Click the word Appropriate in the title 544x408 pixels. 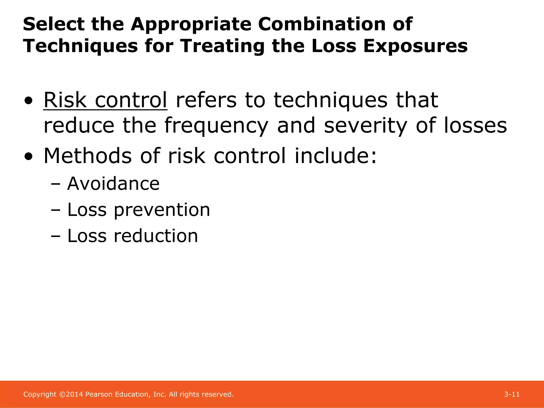click(191, 24)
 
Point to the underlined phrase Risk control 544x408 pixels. click(105, 100)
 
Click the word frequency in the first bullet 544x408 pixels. click(216, 126)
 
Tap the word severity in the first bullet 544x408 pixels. click(365, 126)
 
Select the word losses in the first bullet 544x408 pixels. click(475, 125)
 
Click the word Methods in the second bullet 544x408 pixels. click(88, 156)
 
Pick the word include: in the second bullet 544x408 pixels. click(335, 156)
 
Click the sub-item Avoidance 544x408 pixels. click(113, 184)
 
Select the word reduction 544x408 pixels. click(156, 236)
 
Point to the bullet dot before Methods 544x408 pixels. click(28, 157)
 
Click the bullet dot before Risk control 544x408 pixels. click(28, 101)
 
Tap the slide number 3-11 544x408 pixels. click(512, 394)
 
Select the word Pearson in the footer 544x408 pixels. click(99, 394)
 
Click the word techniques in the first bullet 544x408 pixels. click(330, 101)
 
